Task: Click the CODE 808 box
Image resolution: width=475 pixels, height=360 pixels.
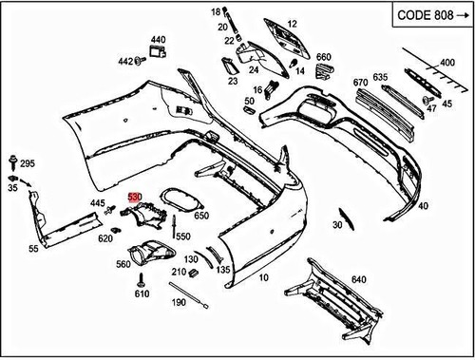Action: click(x=425, y=17)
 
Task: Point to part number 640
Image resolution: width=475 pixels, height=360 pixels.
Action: click(x=357, y=279)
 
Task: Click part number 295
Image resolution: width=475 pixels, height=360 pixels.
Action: click(x=27, y=163)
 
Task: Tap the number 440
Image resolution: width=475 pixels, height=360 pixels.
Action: click(x=158, y=41)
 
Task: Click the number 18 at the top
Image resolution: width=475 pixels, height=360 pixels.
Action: click(x=215, y=10)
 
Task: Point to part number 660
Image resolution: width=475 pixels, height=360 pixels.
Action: click(x=323, y=57)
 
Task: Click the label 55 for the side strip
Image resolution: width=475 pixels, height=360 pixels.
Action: click(x=33, y=249)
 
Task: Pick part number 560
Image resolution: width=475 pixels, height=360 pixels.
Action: click(x=123, y=266)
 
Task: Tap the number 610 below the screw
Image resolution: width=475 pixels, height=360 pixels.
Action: click(x=142, y=294)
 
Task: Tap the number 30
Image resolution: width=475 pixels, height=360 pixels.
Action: click(x=337, y=225)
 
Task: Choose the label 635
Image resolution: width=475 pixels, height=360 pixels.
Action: click(x=380, y=77)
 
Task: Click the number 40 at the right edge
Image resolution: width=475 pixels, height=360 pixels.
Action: click(x=423, y=205)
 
